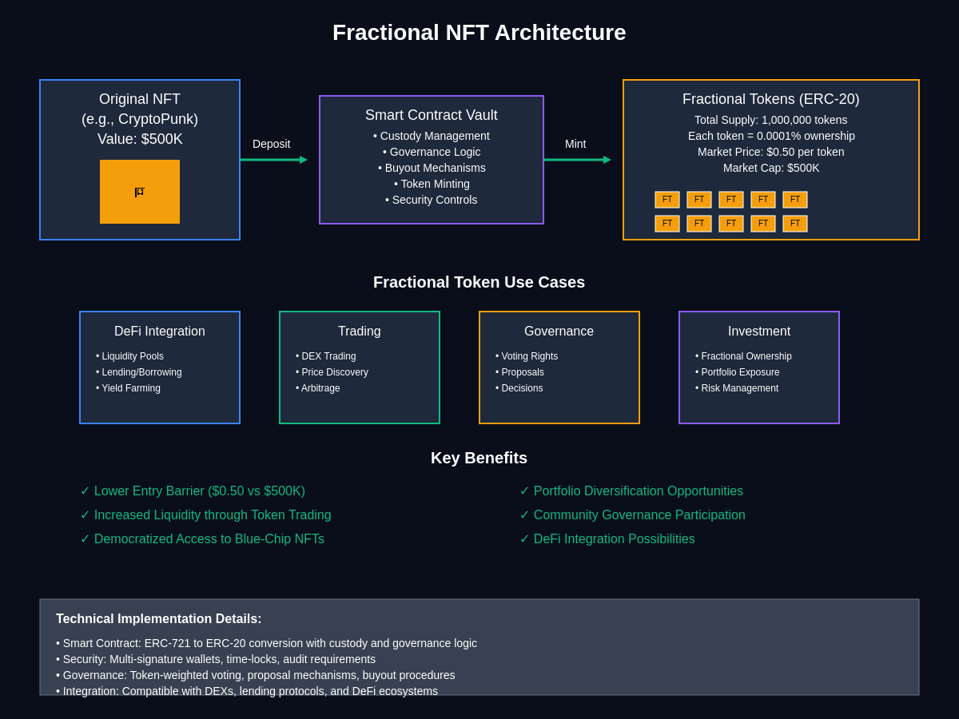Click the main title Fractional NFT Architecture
pos(479,33)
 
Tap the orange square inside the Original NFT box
pos(140,192)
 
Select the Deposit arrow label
pos(271,144)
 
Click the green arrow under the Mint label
pos(577,160)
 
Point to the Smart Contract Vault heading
pos(432,115)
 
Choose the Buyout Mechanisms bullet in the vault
pos(432,168)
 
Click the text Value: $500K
pos(140,139)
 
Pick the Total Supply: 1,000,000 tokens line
pos(770,120)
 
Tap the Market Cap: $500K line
pos(771,168)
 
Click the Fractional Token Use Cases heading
pos(479,283)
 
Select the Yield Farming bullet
pos(128,388)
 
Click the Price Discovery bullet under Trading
pos(332,372)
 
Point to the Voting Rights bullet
pos(527,356)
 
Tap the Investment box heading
pos(759,332)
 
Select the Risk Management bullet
pos(737,388)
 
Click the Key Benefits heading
pos(479,458)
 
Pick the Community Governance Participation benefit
pos(633,515)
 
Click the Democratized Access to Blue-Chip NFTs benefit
pos(202,539)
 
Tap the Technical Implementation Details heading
pos(158,619)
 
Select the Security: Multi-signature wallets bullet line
pos(216,659)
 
